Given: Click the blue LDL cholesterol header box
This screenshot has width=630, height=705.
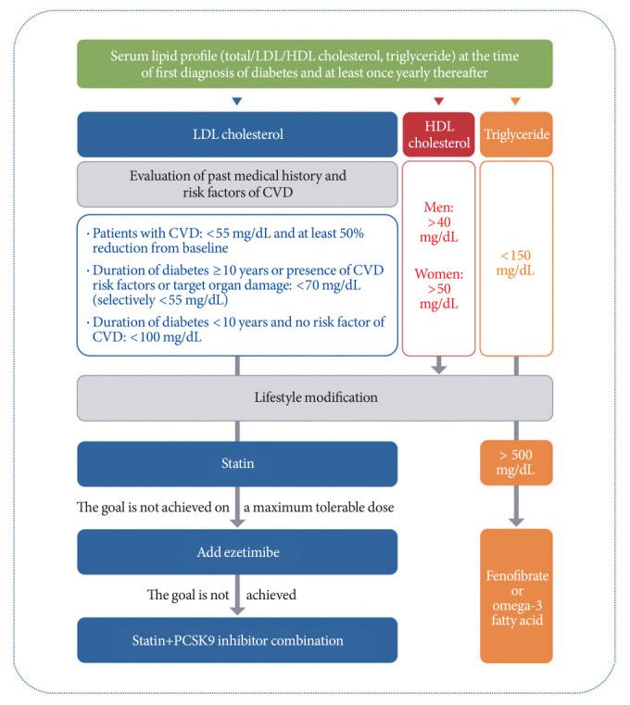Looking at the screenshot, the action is (237, 134).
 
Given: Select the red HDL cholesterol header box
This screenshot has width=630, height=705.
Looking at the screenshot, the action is (439, 134).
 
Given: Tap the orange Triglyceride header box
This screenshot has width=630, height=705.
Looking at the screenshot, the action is (516, 134).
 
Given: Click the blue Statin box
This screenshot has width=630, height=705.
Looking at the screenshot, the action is (237, 463).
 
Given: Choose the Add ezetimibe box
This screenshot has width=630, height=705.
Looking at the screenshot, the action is (237, 552).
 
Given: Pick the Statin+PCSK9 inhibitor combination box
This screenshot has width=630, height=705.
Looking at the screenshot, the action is (237, 640).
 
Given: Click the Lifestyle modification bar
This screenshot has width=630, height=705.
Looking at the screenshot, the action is (315, 398).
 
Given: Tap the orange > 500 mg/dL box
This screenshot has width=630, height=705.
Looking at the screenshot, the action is (516, 462).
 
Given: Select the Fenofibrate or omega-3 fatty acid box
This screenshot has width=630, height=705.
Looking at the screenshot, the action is (516, 596).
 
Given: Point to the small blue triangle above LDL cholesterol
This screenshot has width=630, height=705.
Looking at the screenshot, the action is (237, 102).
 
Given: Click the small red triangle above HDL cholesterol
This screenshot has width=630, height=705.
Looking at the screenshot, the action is (439, 102).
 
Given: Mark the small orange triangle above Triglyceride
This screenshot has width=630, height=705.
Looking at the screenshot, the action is (516, 102).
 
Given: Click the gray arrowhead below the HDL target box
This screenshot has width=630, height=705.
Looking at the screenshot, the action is (439, 369).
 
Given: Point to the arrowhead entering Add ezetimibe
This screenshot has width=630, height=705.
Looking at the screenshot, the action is (237, 522).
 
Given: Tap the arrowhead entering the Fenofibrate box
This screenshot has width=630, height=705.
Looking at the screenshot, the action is (516, 522).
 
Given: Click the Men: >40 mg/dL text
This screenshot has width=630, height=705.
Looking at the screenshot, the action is (438, 222).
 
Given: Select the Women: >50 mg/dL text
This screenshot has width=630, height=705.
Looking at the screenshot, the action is (438, 289).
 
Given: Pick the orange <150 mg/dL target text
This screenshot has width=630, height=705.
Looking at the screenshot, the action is (516, 263).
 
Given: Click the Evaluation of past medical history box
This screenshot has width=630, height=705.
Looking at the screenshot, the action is (237, 184).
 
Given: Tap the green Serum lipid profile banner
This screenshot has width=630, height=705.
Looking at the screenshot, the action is (315, 64).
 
